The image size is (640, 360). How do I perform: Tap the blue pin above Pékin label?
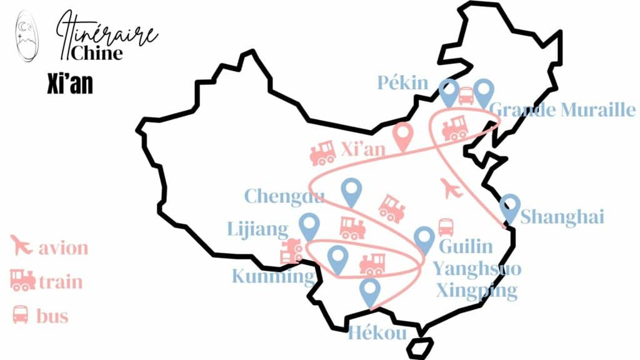[x=448, y=91]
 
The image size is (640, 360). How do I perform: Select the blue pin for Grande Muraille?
[x=484, y=91]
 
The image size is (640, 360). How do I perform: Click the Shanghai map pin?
[x=511, y=207]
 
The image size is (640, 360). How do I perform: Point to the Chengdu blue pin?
[x=352, y=191]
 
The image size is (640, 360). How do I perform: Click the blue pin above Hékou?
[x=371, y=291]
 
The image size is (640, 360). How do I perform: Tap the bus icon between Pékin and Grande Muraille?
[x=466, y=96]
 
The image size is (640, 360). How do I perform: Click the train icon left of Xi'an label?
[x=322, y=152]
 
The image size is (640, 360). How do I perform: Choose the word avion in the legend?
[x=63, y=248]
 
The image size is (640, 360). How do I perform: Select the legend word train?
[x=61, y=281]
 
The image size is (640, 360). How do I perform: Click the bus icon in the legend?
[x=21, y=314]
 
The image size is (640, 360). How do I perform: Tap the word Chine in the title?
[x=97, y=52]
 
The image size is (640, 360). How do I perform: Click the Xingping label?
[x=477, y=291]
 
